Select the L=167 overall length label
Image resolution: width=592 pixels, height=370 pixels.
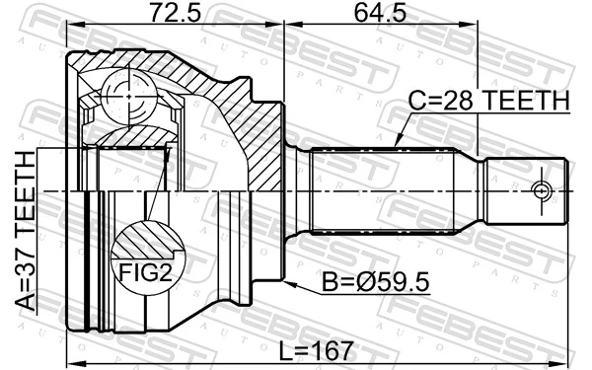click(319, 349)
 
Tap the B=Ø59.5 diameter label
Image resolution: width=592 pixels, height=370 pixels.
click(374, 284)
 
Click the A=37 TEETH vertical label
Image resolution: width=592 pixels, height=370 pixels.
click(22, 229)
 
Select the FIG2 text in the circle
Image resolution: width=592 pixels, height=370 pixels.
click(146, 271)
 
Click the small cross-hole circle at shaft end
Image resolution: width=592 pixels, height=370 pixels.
click(540, 189)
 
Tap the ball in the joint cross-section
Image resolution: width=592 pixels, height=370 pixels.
click(125, 95)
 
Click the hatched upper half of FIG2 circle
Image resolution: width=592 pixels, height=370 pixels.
click(146, 242)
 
